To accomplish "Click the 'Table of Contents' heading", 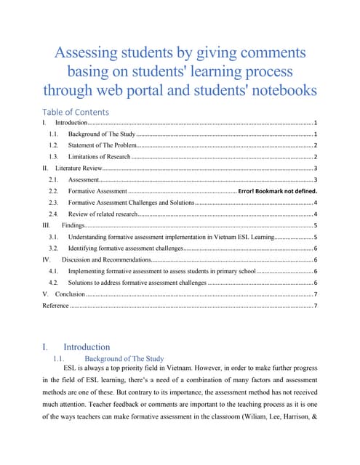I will [x=76, y=112].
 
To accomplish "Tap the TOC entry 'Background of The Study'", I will [x=102, y=135].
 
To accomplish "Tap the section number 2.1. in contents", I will [x=53, y=179].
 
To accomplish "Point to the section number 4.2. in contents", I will [x=53, y=282].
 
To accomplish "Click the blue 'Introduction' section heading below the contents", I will [x=87, y=347].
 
